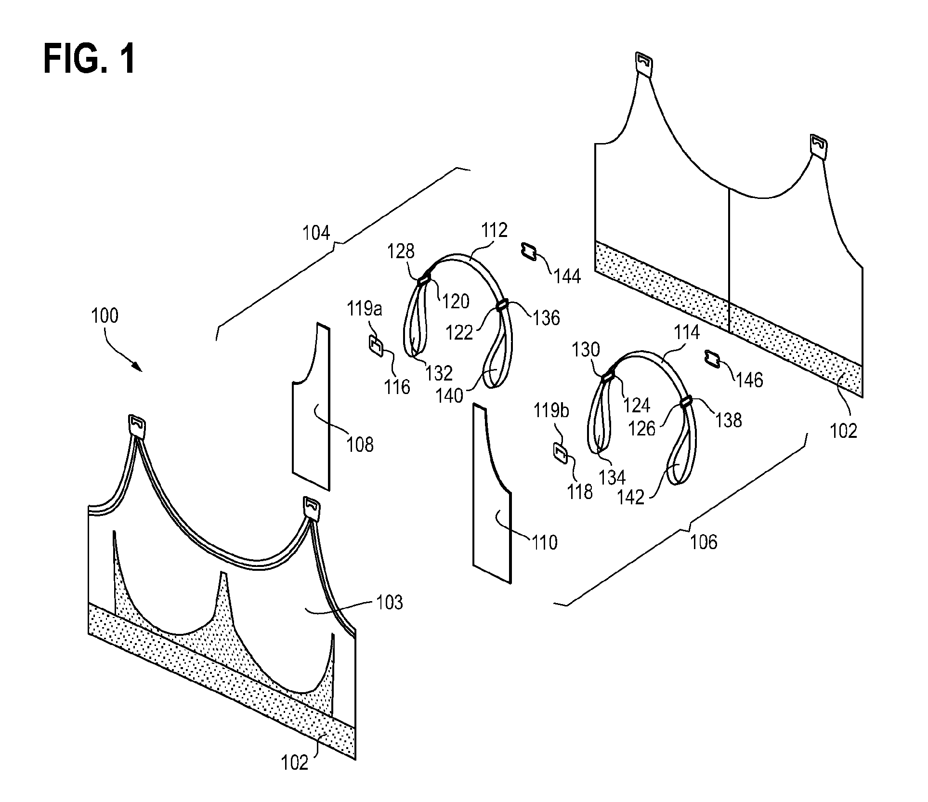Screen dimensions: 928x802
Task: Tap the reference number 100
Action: (105, 316)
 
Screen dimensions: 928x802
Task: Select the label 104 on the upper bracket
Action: (316, 233)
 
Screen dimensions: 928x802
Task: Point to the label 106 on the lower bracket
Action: (704, 542)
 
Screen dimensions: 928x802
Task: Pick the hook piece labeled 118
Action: (560, 453)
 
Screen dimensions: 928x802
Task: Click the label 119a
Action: (365, 309)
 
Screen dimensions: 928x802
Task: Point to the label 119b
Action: (551, 410)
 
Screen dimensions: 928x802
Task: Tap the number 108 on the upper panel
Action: (360, 444)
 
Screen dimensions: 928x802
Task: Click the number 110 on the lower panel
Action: (544, 543)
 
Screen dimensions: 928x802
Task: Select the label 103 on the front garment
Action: (389, 602)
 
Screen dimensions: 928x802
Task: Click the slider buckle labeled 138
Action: (686, 401)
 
